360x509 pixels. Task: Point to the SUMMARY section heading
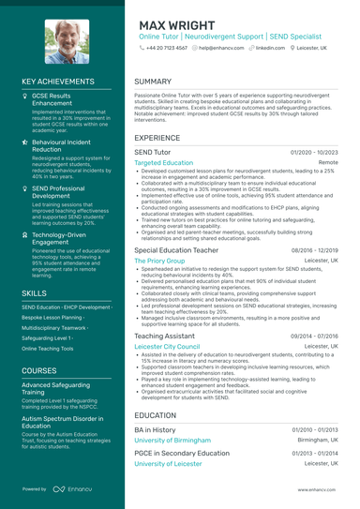tap(153, 82)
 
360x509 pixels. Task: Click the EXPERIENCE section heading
tap(157, 137)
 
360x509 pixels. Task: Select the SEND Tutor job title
tap(153, 151)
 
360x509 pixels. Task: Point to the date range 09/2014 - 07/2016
tap(314, 335)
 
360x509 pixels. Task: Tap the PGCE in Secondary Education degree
tap(181, 453)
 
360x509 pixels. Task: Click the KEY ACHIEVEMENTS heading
tap(58, 82)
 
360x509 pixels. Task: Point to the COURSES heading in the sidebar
tap(38, 370)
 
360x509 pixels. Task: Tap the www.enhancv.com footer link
tap(318, 489)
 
